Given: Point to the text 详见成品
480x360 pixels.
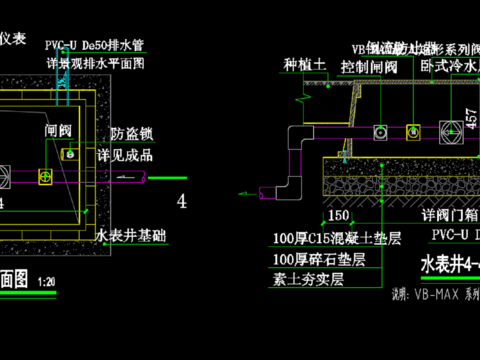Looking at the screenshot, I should click(128, 157).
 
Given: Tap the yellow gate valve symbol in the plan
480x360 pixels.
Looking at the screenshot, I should click(45, 177).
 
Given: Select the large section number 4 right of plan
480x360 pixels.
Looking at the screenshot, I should click(181, 201).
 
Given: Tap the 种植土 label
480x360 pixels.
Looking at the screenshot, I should click(305, 65).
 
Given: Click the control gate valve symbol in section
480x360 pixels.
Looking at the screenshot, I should click(381, 132).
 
